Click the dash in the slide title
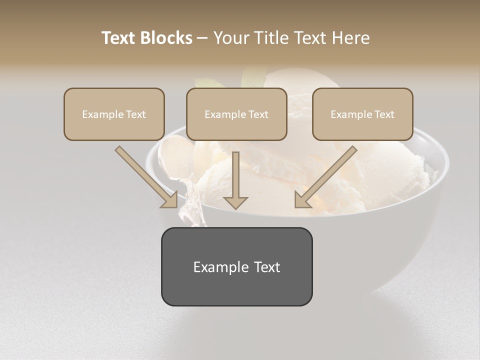tap(202, 38)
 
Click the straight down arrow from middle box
tap(235, 175)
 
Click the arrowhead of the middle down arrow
tap(235, 202)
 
